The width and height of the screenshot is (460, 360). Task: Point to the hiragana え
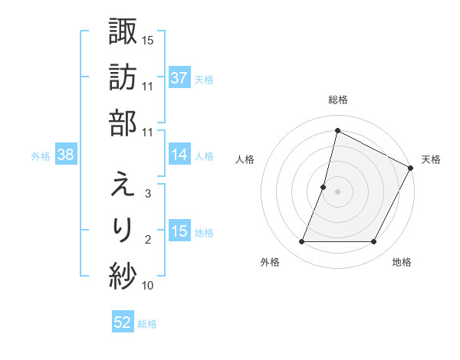pos(123,184)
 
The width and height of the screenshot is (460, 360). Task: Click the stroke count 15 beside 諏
pos(149,39)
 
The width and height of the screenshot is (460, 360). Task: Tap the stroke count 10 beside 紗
pos(149,286)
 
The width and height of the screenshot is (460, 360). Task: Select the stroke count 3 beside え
pos(148,195)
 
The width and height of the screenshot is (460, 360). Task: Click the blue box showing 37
pos(179,78)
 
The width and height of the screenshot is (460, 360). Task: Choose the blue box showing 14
pos(179,155)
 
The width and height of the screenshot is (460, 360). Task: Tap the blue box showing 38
pos(65,155)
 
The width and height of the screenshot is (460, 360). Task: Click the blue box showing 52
pos(122,322)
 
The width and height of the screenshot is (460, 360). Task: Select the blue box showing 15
pos(179,231)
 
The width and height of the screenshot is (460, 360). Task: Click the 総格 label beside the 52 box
pos(147,324)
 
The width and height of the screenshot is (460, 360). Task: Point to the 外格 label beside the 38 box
pos(41,156)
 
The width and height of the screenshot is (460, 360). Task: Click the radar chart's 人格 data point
pos(324,187)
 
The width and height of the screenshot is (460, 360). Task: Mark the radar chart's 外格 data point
pos(301,242)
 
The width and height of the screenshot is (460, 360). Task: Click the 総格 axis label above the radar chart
pos(337,100)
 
